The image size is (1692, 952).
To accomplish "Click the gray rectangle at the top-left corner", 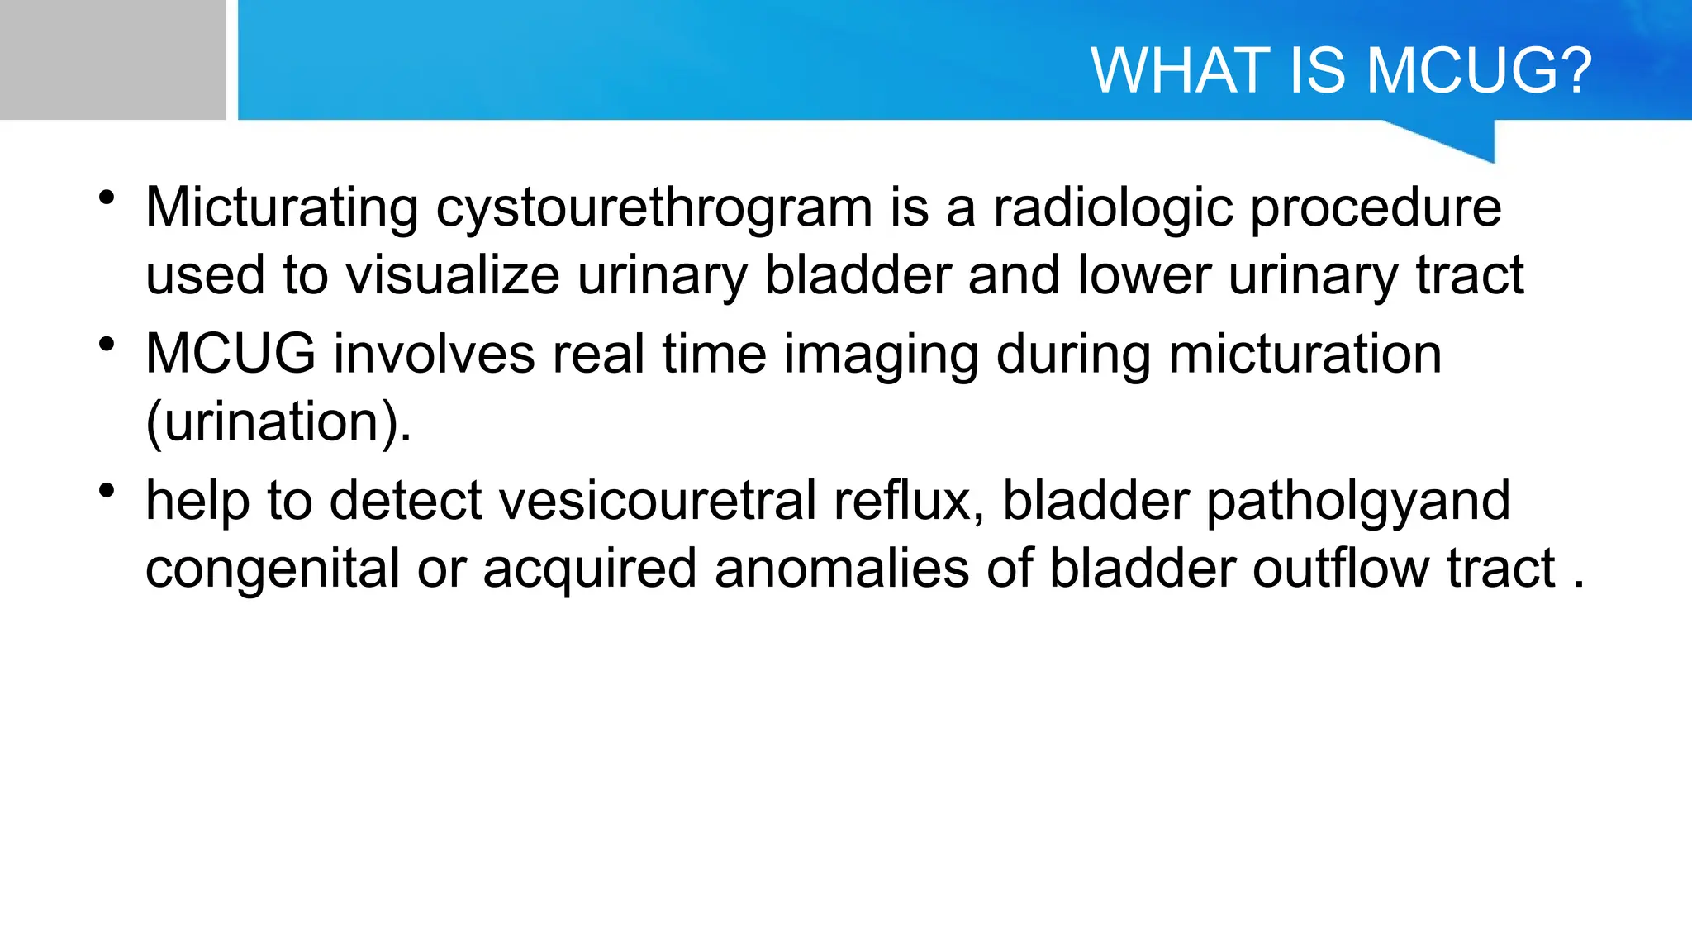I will point(112,59).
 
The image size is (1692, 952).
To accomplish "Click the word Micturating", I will point(282,207).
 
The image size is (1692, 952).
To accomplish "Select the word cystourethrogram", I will point(654,207).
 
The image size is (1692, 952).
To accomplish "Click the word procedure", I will point(1375,207).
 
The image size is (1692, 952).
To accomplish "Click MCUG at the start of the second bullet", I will point(231,355).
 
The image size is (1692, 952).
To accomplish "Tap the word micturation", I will point(1305,355).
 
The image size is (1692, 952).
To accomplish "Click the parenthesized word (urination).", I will point(278,423).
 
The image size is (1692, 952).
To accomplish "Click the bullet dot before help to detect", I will point(106,491).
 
